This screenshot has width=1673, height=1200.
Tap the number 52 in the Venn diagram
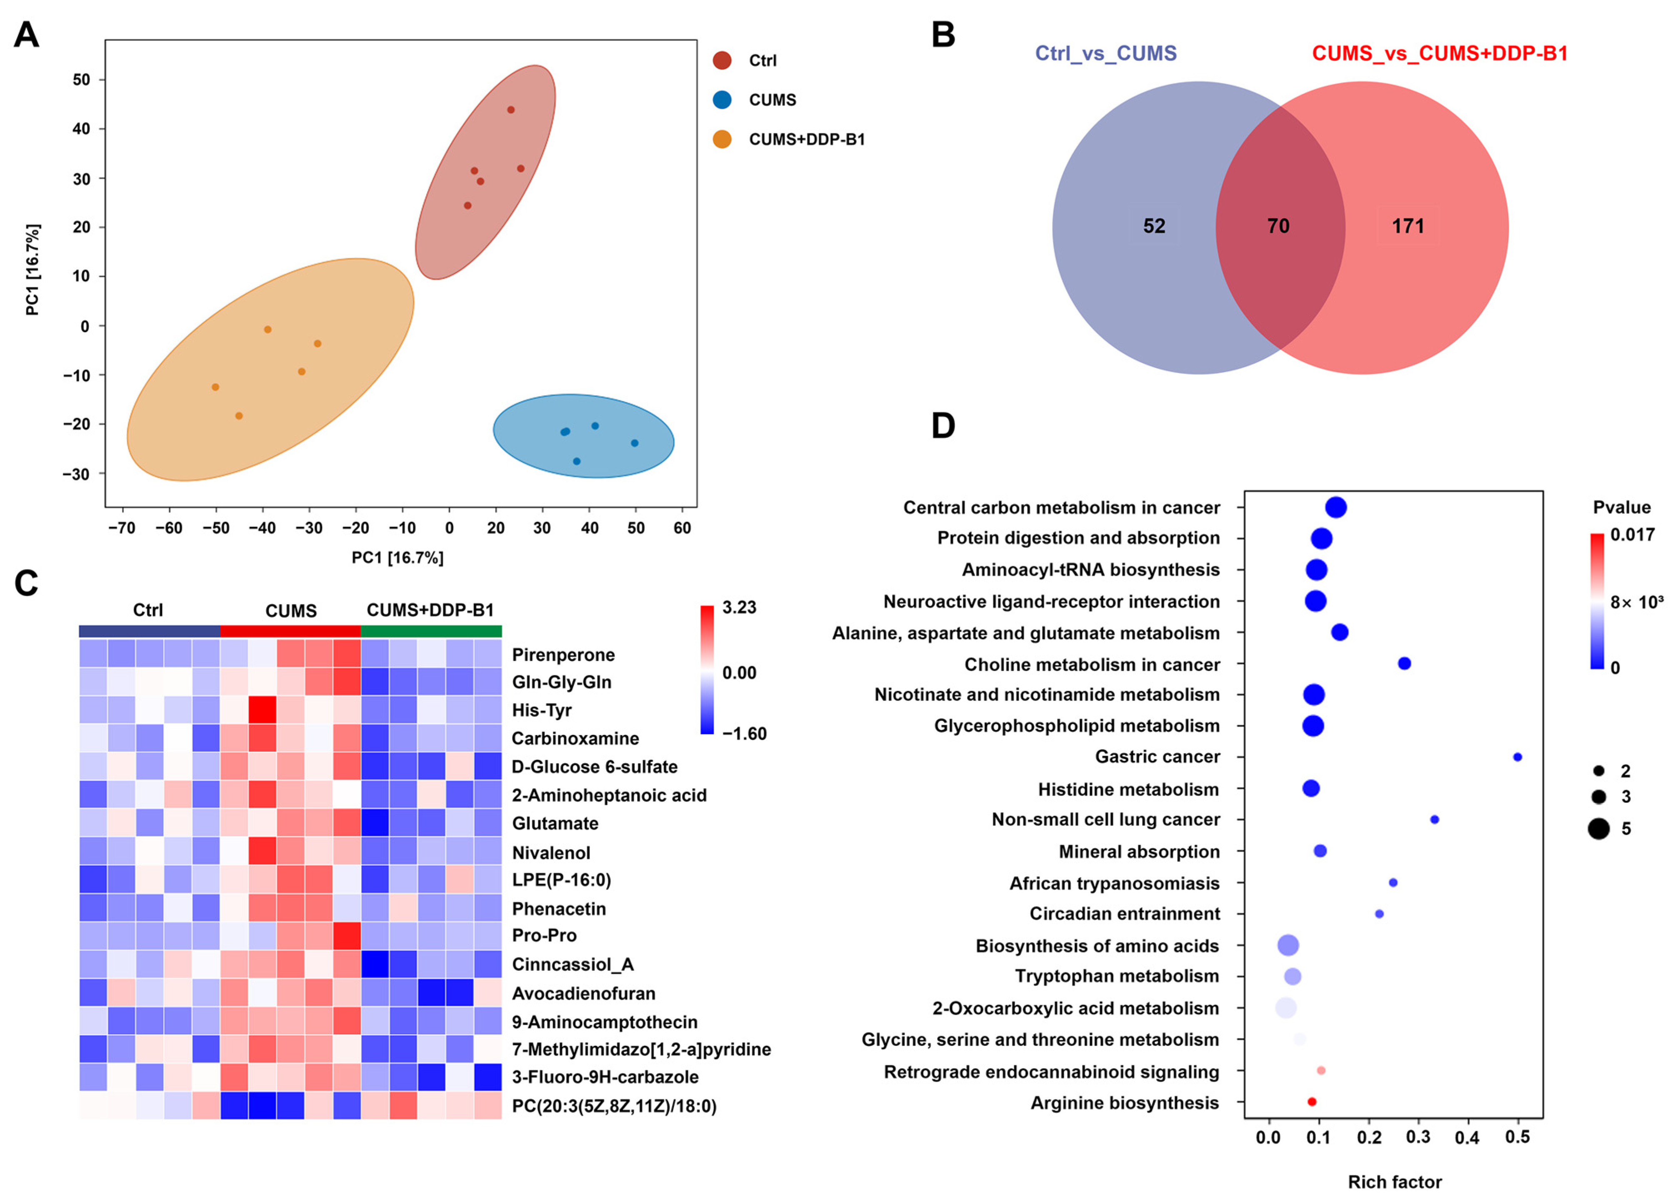click(x=1154, y=226)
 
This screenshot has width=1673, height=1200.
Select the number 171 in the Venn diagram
click(x=1408, y=226)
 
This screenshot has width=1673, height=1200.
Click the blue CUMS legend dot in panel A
click(x=722, y=100)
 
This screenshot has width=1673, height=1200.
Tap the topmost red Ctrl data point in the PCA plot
click(x=510, y=110)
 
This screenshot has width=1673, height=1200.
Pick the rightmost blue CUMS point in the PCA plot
click(x=634, y=443)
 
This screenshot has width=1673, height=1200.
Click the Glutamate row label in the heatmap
click(x=555, y=823)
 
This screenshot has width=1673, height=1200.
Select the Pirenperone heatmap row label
click(x=563, y=655)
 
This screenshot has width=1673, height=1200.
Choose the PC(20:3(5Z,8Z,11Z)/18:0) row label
click(x=614, y=1105)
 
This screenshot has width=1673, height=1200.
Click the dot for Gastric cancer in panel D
click(x=1517, y=757)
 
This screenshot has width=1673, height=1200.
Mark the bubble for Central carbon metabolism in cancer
click(x=1336, y=507)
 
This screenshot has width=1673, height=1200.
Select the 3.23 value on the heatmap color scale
click(x=739, y=608)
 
